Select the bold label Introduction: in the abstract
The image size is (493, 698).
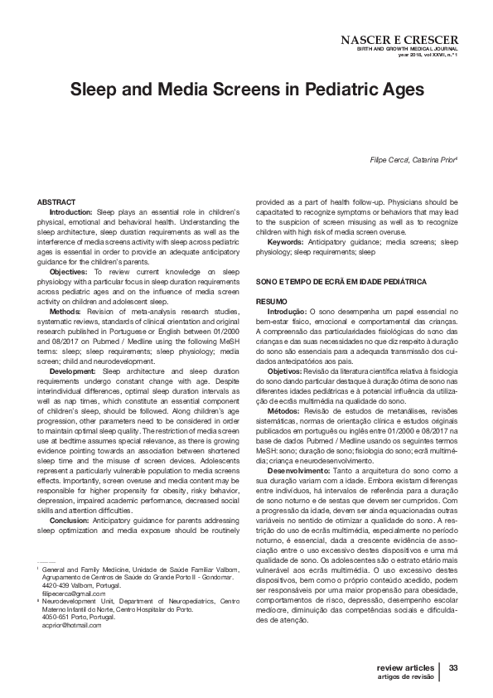(73, 213)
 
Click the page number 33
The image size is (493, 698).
(453, 667)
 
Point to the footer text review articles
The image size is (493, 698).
(404, 667)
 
